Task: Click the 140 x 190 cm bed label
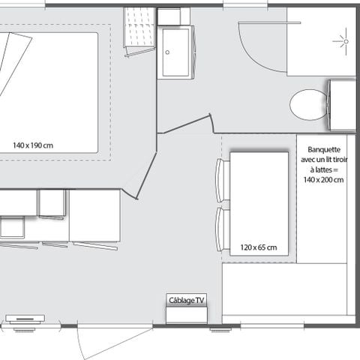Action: point(31,145)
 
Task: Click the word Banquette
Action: point(320,150)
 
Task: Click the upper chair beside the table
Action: point(220,180)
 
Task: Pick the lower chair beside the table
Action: point(220,229)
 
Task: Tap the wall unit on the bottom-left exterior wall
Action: point(24,319)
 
